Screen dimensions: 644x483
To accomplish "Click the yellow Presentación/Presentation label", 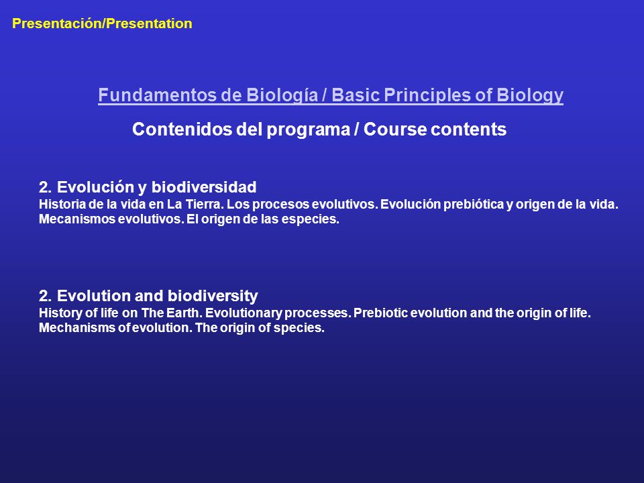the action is click(x=102, y=23).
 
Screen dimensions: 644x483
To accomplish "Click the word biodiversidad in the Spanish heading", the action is click(x=204, y=187).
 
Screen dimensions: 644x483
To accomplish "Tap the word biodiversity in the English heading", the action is click(x=213, y=296).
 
